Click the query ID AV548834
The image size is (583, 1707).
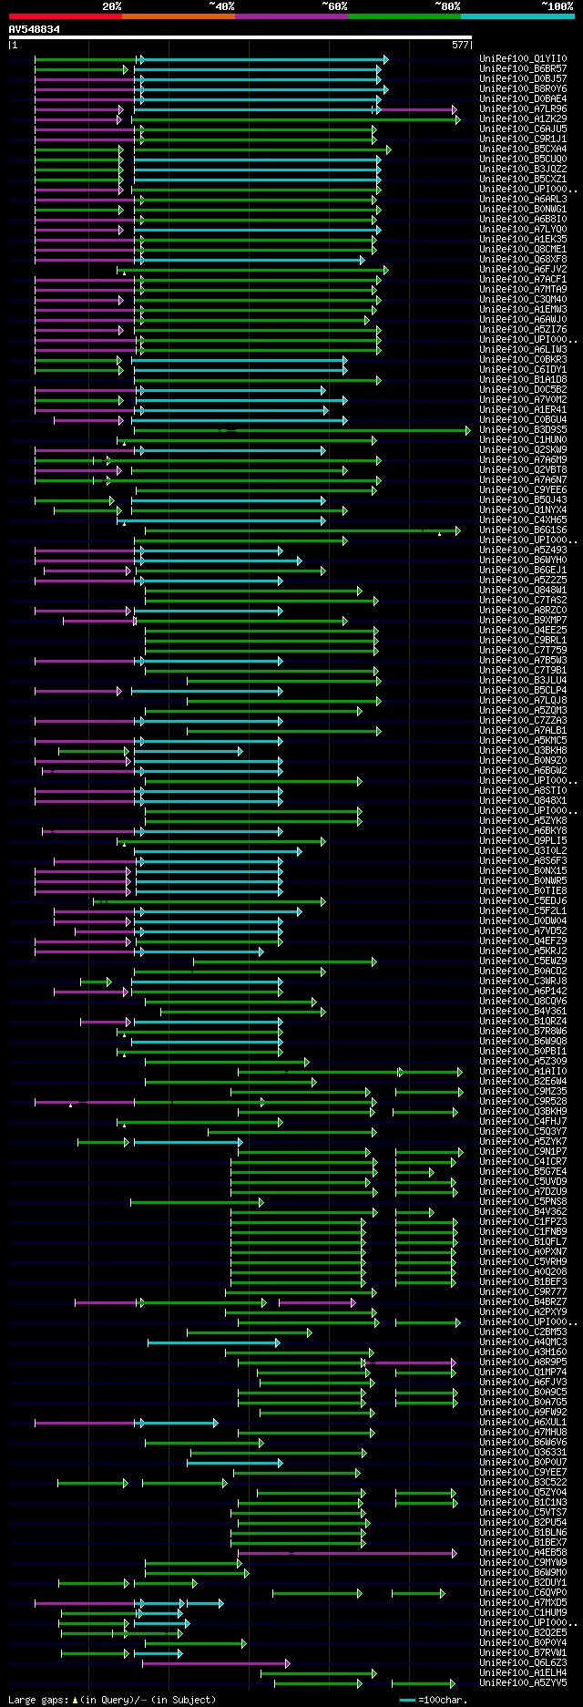click(x=35, y=29)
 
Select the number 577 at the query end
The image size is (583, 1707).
click(x=460, y=44)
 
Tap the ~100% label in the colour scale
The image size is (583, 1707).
click(x=557, y=6)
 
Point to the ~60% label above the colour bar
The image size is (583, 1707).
click(x=334, y=6)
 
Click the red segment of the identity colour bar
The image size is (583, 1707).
click(x=65, y=15)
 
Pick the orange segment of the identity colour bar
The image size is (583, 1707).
click(x=178, y=15)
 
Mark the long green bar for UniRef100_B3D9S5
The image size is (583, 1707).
click(x=301, y=430)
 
